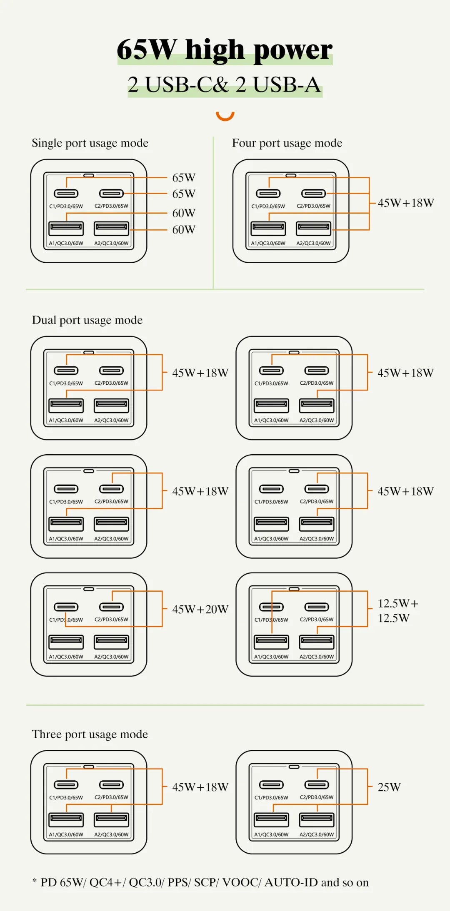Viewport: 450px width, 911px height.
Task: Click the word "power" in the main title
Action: coord(293,50)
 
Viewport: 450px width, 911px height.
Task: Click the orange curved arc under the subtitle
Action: coord(225,116)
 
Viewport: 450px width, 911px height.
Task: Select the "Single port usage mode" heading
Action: coord(90,143)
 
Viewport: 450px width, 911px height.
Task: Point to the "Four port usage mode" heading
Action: coord(287,143)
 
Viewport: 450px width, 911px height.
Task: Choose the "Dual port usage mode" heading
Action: coord(87,320)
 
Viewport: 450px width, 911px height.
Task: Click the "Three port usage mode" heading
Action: coord(90,734)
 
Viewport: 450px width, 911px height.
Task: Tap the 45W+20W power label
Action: coord(200,610)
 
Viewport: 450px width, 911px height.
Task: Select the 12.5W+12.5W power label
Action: coord(397,610)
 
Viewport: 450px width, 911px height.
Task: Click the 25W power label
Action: coord(389,787)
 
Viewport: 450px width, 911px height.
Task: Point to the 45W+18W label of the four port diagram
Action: coord(406,203)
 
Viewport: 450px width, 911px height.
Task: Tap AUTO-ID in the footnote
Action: coord(291,882)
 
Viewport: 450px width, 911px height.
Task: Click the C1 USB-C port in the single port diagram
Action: coord(66,193)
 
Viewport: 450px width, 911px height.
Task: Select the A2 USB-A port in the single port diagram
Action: coord(111,228)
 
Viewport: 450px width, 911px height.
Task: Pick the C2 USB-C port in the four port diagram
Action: coord(313,193)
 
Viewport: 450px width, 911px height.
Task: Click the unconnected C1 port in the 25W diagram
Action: coord(271,785)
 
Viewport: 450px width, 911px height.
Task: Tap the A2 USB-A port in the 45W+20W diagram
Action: coord(111,642)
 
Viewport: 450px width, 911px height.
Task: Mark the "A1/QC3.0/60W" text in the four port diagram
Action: coord(268,243)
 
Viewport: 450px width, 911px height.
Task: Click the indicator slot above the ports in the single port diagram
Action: coord(89,175)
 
